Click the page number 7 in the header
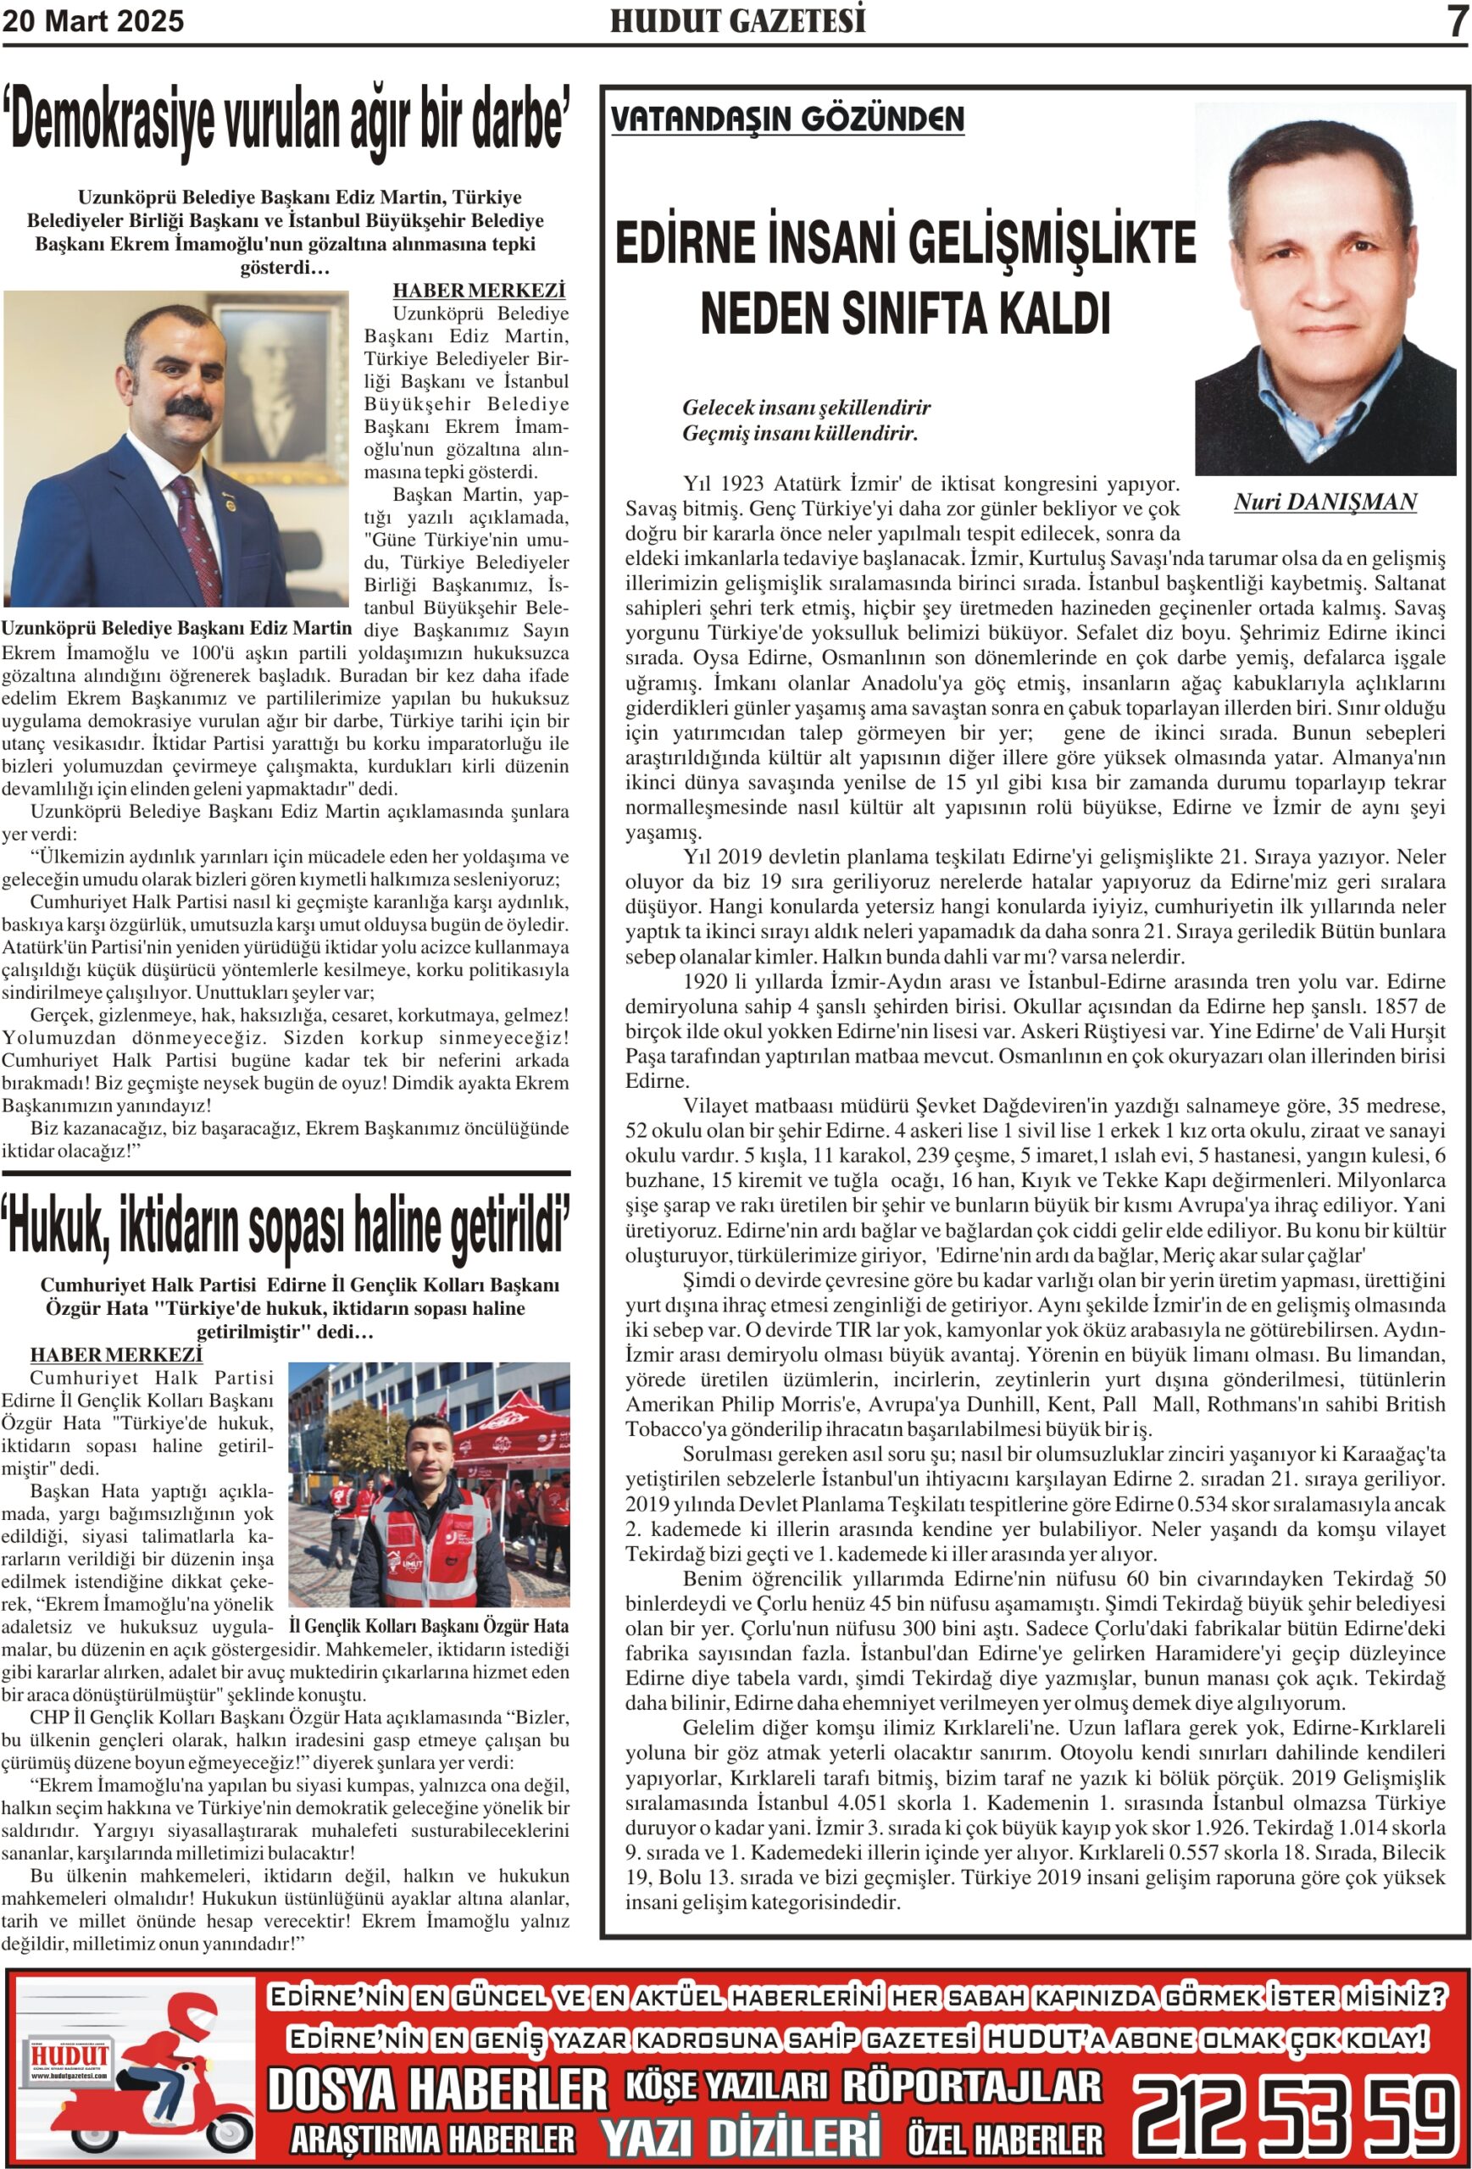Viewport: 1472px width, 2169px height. pyautogui.click(x=1457, y=20)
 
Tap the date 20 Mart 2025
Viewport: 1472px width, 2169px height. pyautogui.click(x=93, y=21)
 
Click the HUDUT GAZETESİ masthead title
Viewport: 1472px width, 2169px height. pyautogui.click(x=737, y=21)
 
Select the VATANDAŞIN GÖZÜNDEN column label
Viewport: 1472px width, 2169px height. pyautogui.click(x=788, y=119)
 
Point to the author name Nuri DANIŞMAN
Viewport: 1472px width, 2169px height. pyautogui.click(x=1325, y=502)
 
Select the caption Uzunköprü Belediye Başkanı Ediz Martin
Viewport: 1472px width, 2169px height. pyautogui.click(x=177, y=628)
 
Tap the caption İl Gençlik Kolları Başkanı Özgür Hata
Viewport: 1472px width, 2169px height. pyautogui.click(x=429, y=1625)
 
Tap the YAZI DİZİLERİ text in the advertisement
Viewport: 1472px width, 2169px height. pyautogui.click(x=740, y=2138)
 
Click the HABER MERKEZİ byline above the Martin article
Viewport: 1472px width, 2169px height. pyautogui.click(x=479, y=291)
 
